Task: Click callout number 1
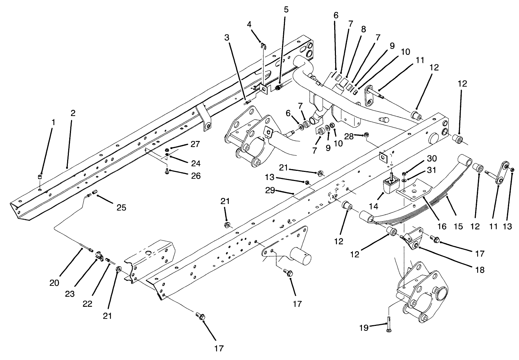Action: click(53, 122)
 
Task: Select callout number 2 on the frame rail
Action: click(73, 113)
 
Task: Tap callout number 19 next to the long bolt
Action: click(364, 328)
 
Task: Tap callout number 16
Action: click(442, 227)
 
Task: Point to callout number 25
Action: click(121, 208)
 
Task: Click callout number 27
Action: click(195, 144)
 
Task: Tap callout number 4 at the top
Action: click(249, 24)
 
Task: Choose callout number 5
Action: click(286, 9)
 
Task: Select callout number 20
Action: click(54, 283)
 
